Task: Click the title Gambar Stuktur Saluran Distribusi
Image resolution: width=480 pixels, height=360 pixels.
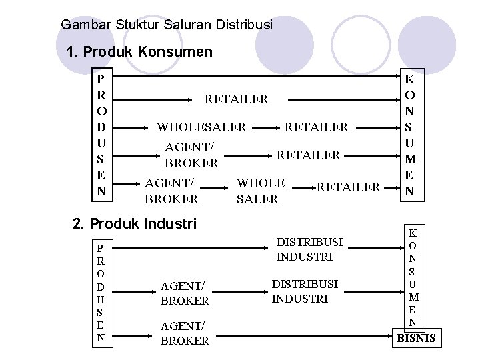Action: pos(167,25)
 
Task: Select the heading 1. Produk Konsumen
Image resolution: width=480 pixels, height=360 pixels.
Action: pos(140,52)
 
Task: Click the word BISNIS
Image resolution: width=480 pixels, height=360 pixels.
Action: pos(416,338)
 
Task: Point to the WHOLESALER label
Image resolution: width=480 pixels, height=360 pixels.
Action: pos(201,127)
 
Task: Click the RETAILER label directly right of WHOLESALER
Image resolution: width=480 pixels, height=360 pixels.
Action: pos(317,127)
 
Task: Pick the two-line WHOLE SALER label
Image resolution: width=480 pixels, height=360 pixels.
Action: pos(261,191)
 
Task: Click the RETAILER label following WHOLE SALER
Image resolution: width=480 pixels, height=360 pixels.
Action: pos(348,187)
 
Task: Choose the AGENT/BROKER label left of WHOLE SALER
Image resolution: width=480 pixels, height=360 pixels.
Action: pos(171,191)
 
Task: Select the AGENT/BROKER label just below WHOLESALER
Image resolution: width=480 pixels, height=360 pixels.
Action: pos(191,155)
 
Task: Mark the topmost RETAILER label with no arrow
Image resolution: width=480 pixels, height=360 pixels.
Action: pos(236,99)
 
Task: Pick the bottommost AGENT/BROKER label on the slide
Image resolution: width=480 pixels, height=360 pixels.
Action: pos(185,332)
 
